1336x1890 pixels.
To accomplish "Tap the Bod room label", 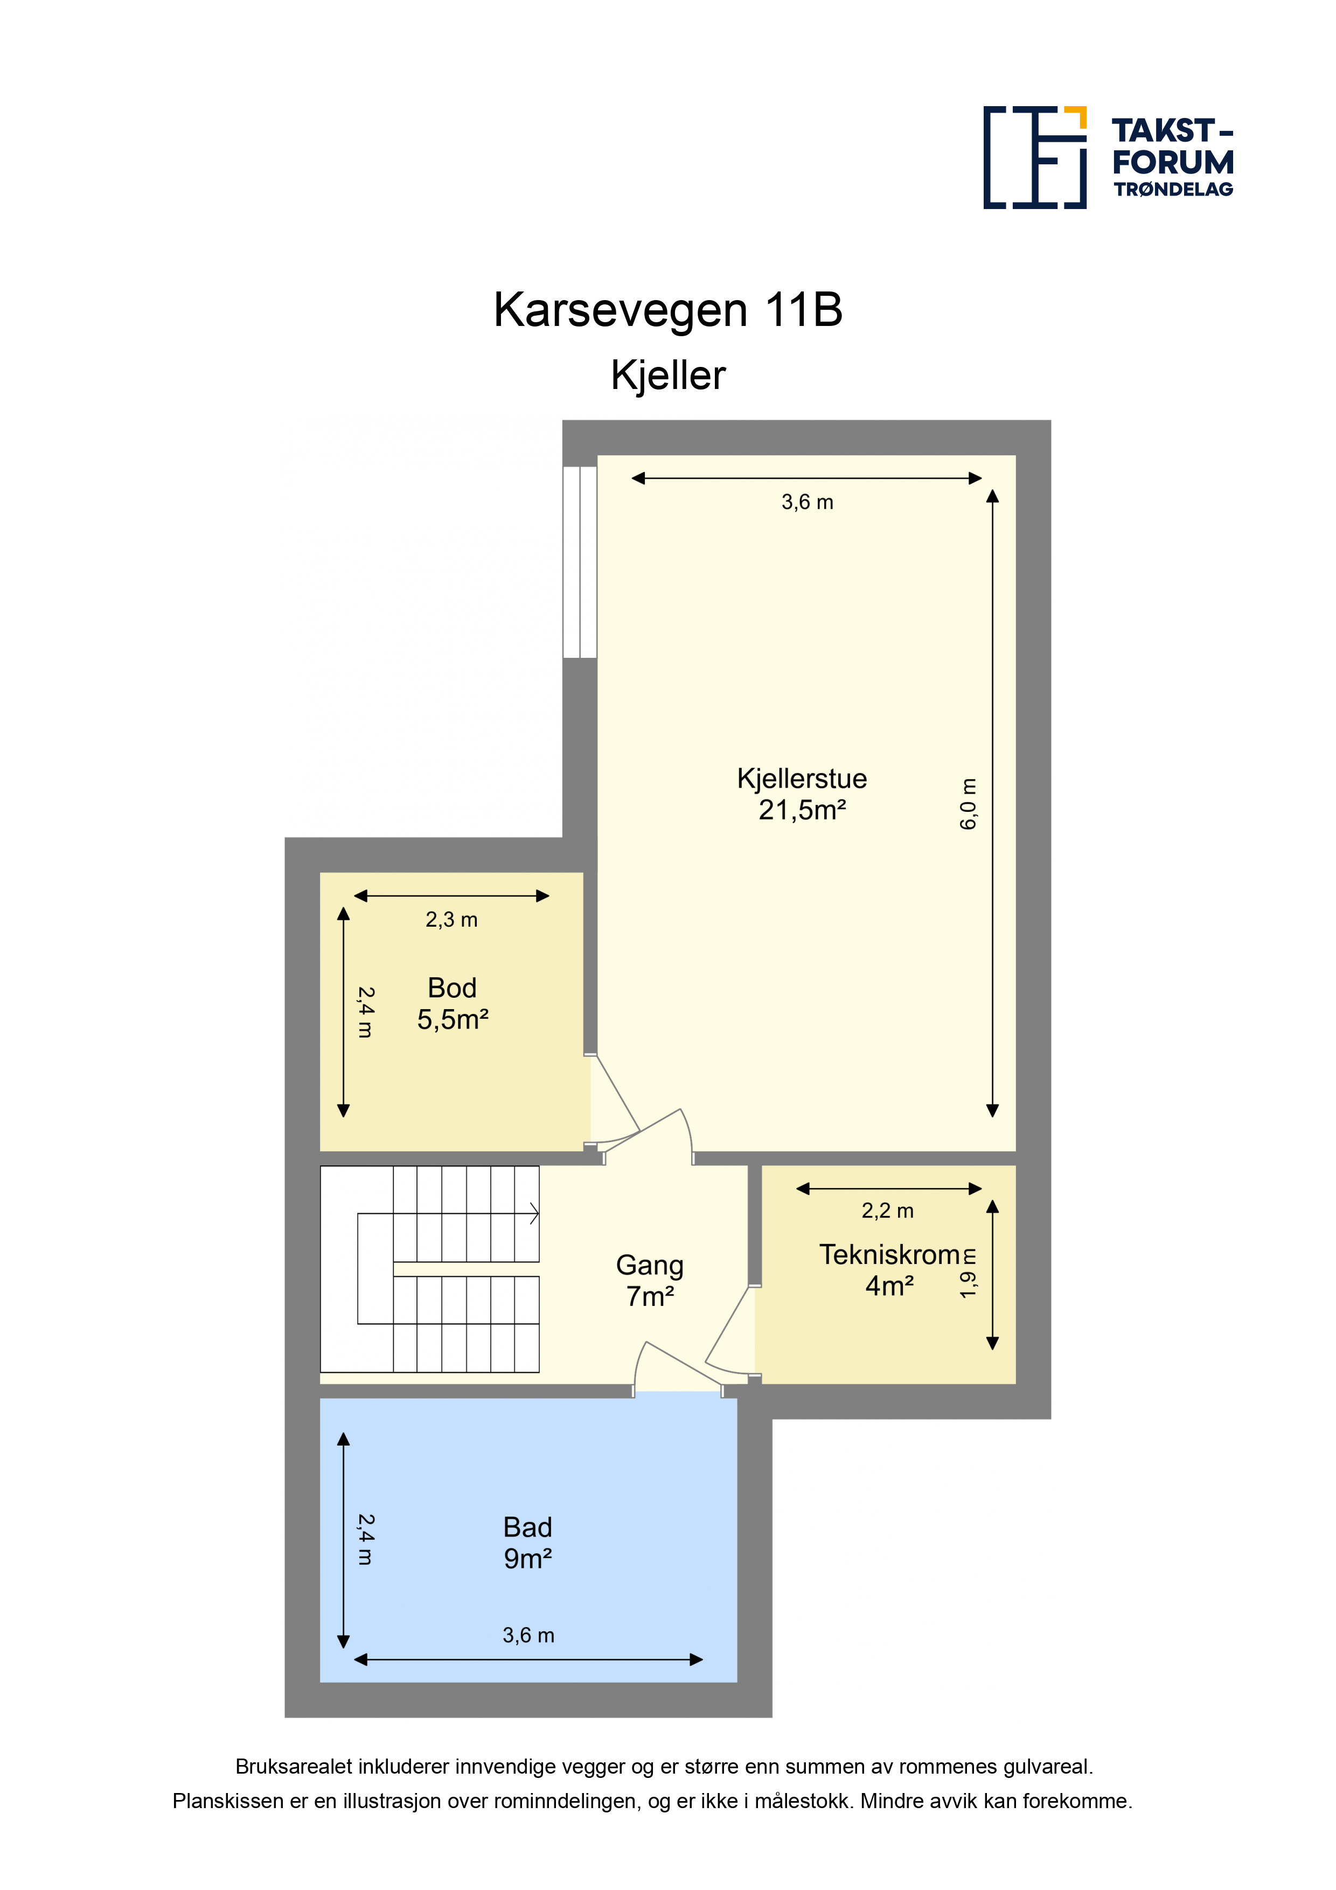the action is click(452, 988).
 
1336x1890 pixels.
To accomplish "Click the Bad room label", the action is click(527, 1528).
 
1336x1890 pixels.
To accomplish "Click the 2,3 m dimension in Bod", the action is click(451, 920).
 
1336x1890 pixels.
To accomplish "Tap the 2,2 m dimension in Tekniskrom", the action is click(887, 1211).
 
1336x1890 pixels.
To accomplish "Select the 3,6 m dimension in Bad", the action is click(528, 1636).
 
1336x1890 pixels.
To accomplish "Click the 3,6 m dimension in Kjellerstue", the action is click(808, 502).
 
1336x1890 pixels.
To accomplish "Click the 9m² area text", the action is click(527, 1559).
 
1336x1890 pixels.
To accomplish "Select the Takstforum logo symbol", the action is click(1035, 157).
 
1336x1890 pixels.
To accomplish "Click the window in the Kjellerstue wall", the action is click(580, 562).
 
